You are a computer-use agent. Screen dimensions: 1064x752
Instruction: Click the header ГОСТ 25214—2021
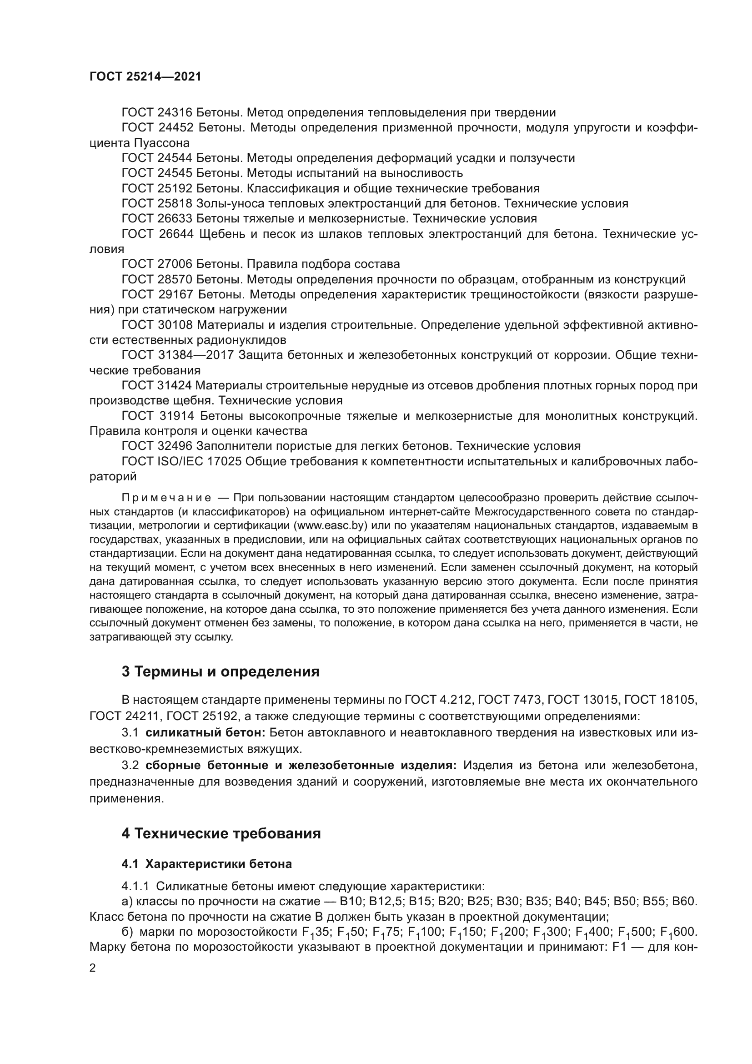pyautogui.click(x=145, y=77)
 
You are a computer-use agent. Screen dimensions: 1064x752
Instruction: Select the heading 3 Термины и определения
pyautogui.click(x=221, y=671)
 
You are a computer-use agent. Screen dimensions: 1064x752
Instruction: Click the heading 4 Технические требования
pyautogui.click(x=221, y=834)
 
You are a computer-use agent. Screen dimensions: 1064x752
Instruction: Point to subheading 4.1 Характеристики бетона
pyautogui.click(x=206, y=864)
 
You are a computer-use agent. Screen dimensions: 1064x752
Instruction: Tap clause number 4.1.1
pyautogui.click(x=135, y=887)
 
